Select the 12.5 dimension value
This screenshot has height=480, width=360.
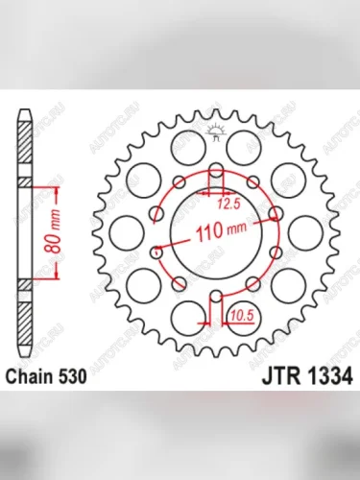[228, 204]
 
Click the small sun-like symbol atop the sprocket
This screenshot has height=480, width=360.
[217, 131]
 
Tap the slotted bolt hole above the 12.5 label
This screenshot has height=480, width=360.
[217, 179]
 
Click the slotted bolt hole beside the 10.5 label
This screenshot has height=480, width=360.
[217, 300]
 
